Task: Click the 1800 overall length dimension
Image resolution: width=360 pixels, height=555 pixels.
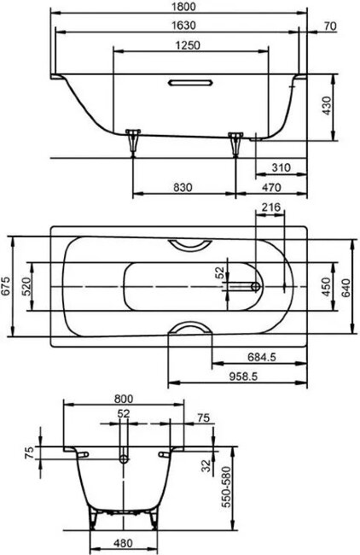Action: click(179, 7)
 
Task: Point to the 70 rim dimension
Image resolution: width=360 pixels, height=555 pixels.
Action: click(331, 26)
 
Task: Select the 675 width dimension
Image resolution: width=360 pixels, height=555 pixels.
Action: click(7, 286)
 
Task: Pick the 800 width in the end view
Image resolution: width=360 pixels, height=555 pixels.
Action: click(125, 397)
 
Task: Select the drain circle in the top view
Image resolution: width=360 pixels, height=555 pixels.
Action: click(253, 286)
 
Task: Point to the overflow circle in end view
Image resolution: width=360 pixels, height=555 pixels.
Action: click(125, 459)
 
